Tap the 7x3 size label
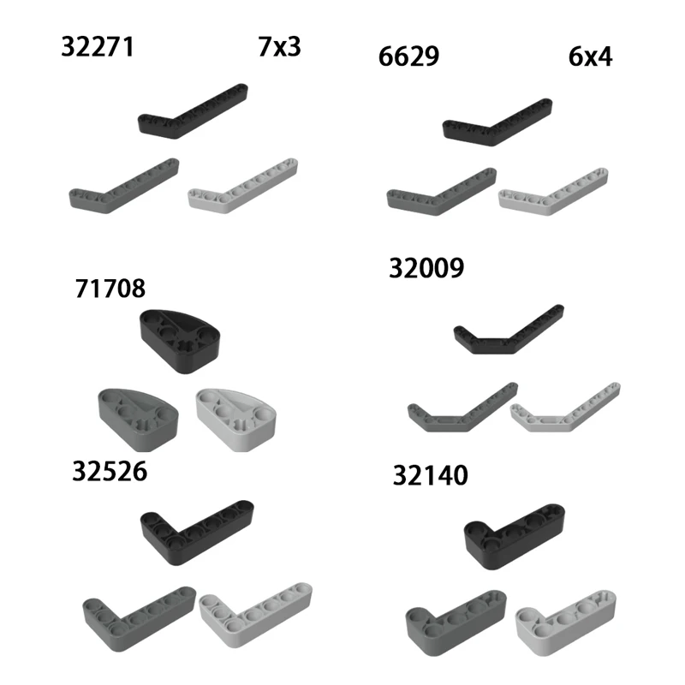[x=279, y=46]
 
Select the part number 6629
[x=408, y=57]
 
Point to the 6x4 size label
[x=590, y=57]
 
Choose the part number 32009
[x=426, y=268]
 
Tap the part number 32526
[x=109, y=472]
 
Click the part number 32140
[x=431, y=475]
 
